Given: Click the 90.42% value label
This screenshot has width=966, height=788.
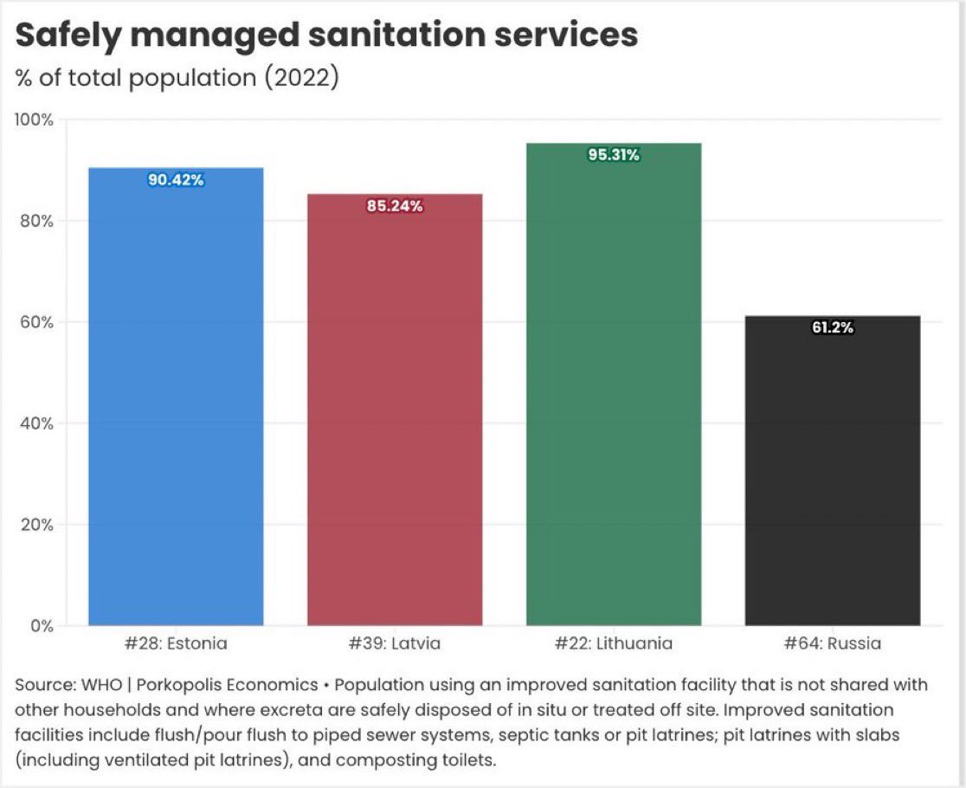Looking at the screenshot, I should point(176,180).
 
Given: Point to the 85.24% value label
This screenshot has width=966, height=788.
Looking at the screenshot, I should point(395,206).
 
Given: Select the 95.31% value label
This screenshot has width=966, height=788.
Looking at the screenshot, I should point(614,155).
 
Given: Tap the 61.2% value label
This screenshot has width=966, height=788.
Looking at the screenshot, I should point(833,327).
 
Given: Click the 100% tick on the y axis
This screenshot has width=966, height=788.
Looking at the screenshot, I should point(35,119).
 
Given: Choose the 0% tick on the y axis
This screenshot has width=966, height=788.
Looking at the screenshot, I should point(42,625).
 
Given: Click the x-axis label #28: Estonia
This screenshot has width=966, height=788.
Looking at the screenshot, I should point(176,643).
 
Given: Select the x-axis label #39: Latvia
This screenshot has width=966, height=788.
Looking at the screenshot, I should point(395,643).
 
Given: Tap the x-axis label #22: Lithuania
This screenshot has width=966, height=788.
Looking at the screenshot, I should point(614,643).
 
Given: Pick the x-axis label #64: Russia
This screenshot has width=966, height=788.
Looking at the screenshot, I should point(833,643).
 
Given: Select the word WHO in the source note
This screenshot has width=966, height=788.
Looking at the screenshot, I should point(89,685).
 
